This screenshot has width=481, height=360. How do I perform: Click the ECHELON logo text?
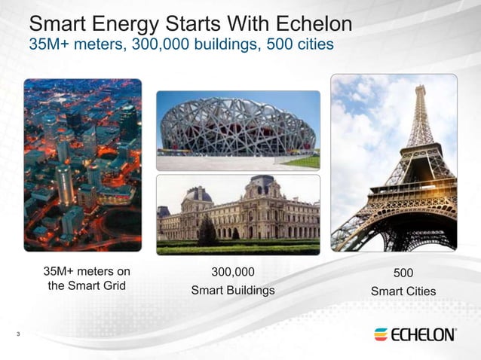(x=423, y=334)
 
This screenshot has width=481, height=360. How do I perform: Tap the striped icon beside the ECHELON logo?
(x=381, y=334)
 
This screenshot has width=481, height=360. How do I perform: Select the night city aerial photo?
(x=82, y=164)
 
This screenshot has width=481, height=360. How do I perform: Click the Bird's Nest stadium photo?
(x=238, y=130)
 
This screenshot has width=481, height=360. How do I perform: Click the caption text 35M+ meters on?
(x=87, y=272)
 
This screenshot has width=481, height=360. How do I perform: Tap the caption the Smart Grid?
(x=87, y=286)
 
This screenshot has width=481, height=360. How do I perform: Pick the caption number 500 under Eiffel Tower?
(x=403, y=273)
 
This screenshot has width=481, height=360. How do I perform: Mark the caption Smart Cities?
(x=403, y=291)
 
